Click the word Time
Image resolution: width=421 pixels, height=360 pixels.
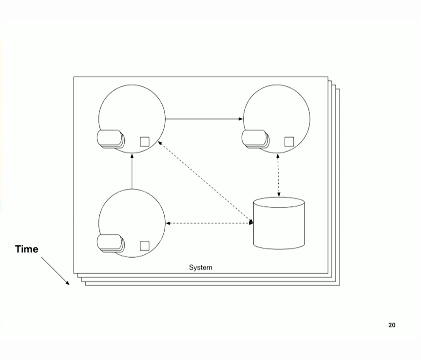[x=26, y=249]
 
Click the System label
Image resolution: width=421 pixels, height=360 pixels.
[x=200, y=267]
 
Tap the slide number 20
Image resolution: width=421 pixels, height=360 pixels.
[x=392, y=325]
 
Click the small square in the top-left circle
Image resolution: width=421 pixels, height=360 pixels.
[x=144, y=141]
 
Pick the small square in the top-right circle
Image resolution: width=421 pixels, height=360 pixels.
[x=289, y=141]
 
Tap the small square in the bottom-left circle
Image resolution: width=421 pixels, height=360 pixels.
[x=144, y=245]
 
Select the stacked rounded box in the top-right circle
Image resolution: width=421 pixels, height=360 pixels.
[x=255, y=139]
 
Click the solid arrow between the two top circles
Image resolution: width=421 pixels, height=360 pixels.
[x=204, y=119]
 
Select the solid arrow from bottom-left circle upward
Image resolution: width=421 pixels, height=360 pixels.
[x=132, y=171]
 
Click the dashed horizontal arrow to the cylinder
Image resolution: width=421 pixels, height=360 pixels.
[x=210, y=223]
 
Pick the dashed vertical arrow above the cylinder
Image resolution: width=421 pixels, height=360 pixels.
[x=278, y=175]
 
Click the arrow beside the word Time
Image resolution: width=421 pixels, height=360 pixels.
[x=55, y=271]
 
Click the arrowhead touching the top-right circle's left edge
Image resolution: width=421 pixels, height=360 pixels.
[x=240, y=119]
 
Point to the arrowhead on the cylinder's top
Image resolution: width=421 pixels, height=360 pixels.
[x=279, y=195]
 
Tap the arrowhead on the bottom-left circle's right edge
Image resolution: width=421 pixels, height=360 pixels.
[x=168, y=223]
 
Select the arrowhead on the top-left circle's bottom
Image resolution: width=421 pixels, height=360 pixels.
[x=132, y=155]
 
